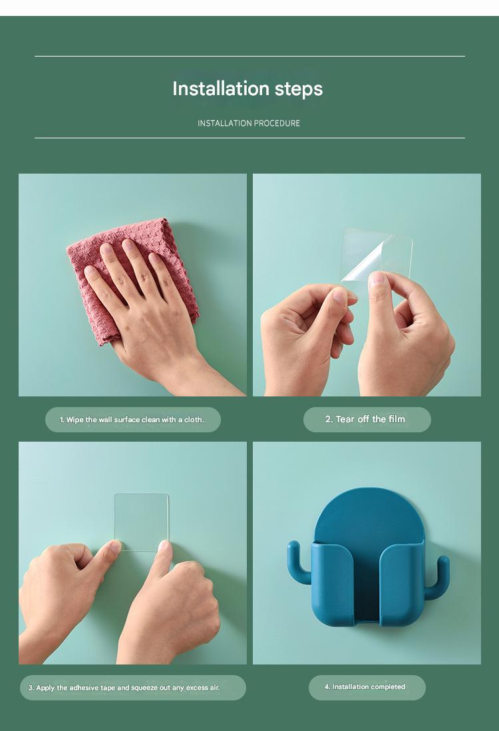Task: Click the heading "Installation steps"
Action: (248, 89)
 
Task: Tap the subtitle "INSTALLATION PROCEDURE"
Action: (249, 123)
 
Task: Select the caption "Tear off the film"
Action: (365, 419)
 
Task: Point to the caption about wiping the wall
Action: (132, 420)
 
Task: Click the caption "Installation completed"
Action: (365, 686)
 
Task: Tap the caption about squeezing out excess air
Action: (124, 688)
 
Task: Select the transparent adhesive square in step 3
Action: (141, 522)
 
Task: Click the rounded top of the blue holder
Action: (369, 513)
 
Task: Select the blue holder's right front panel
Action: (402, 583)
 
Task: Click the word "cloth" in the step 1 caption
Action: (193, 420)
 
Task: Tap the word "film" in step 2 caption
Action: (397, 419)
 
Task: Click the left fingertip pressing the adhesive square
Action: (114, 546)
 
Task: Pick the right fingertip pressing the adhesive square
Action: (163, 546)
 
